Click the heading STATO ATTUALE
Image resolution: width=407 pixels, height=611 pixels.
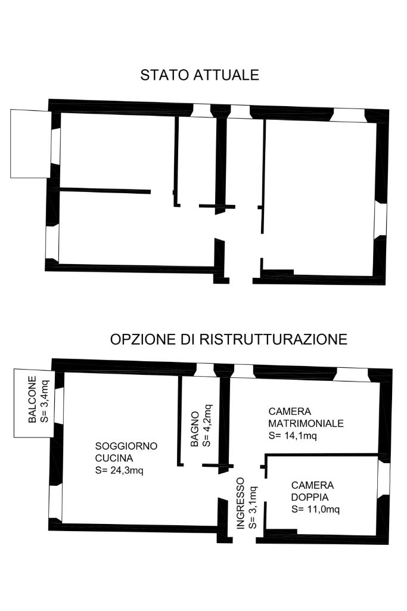point(200,75)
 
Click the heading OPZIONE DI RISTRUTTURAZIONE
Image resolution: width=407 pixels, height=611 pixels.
point(229,339)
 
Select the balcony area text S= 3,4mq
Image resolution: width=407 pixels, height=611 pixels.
point(44,400)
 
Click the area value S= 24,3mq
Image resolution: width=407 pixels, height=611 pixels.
point(119,470)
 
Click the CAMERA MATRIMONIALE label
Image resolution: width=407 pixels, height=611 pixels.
point(306,417)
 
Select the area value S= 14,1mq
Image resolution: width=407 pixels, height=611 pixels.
point(292,435)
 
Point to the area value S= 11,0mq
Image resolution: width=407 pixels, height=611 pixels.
point(316,509)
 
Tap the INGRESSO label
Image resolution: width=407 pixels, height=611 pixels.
point(241,503)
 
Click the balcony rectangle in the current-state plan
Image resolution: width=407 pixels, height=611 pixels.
point(29,144)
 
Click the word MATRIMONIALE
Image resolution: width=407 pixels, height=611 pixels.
point(306,423)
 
